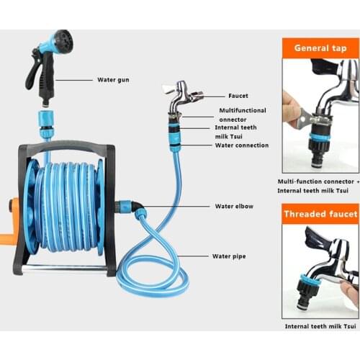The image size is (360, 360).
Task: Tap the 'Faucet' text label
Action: [238, 95]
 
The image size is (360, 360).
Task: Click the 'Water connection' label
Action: [241, 145]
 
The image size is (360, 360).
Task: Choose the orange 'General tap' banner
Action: [320, 48]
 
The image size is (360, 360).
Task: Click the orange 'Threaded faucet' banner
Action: [320, 214]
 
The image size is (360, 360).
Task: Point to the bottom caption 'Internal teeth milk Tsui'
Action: [320, 326]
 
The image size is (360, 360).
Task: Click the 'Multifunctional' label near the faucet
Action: [243, 110]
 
